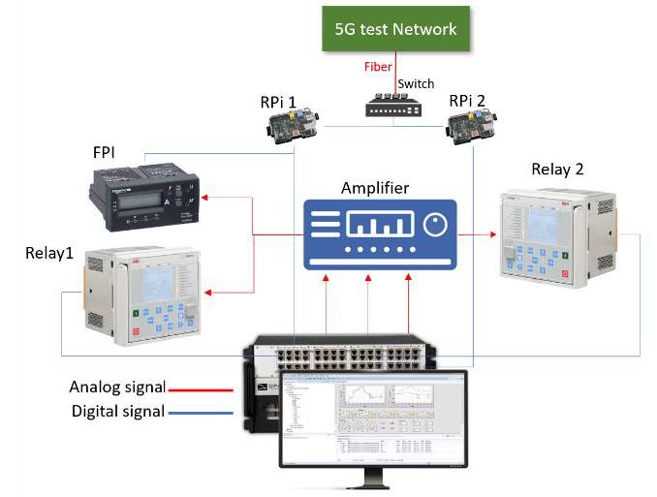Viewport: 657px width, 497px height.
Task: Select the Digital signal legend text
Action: click(x=117, y=411)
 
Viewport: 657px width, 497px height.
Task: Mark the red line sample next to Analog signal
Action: click(x=208, y=389)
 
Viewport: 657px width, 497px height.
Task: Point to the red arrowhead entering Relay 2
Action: click(x=489, y=233)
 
